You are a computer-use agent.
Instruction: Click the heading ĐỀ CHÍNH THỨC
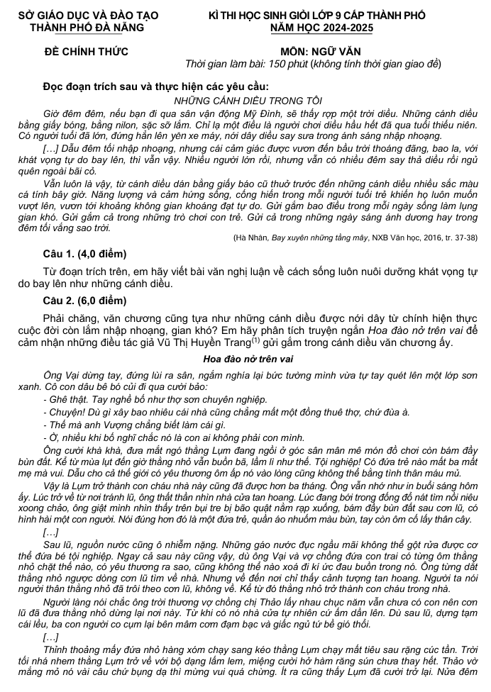(x=86, y=52)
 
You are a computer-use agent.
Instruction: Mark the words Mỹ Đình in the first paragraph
(x=278, y=113)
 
